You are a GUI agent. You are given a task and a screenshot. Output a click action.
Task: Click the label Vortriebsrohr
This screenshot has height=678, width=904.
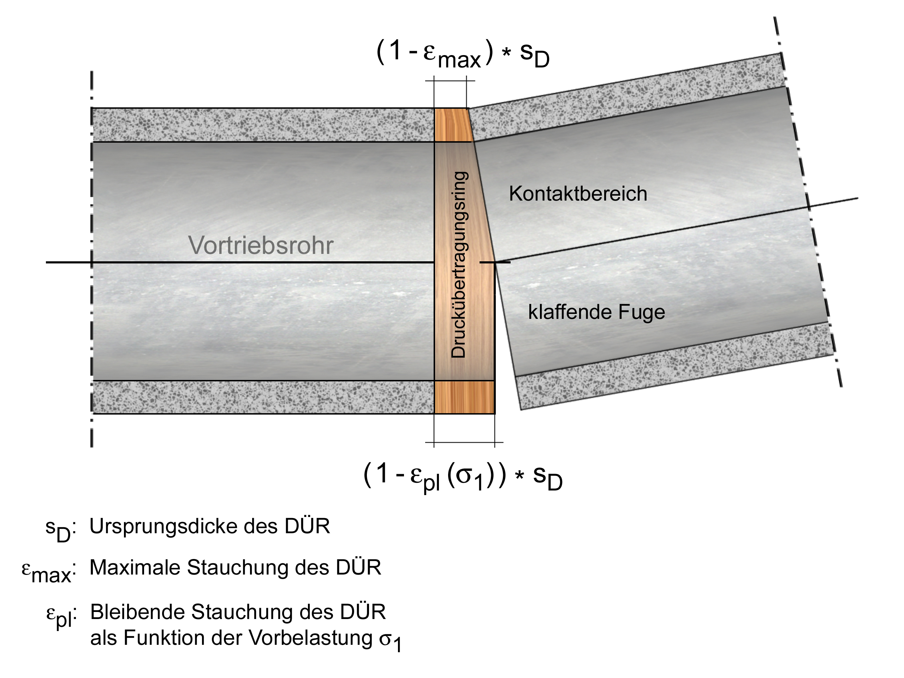[260, 245]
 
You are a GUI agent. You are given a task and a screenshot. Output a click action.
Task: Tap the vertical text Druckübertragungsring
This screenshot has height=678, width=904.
[459, 264]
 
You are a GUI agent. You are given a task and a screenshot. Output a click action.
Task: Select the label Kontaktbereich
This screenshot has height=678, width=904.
[578, 194]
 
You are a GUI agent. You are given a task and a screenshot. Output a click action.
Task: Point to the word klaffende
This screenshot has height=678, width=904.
[570, 312]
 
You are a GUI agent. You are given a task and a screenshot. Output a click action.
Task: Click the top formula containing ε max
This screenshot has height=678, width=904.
[463, 54]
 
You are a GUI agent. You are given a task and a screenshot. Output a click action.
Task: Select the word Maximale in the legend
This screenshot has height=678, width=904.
[135, 568]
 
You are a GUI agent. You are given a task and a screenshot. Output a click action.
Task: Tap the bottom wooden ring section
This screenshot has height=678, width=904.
[464, 397]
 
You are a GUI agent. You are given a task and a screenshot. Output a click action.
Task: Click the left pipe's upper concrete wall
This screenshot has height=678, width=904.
[263, 125]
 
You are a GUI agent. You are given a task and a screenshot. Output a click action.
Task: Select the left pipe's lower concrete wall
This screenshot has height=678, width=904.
[263, 397]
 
